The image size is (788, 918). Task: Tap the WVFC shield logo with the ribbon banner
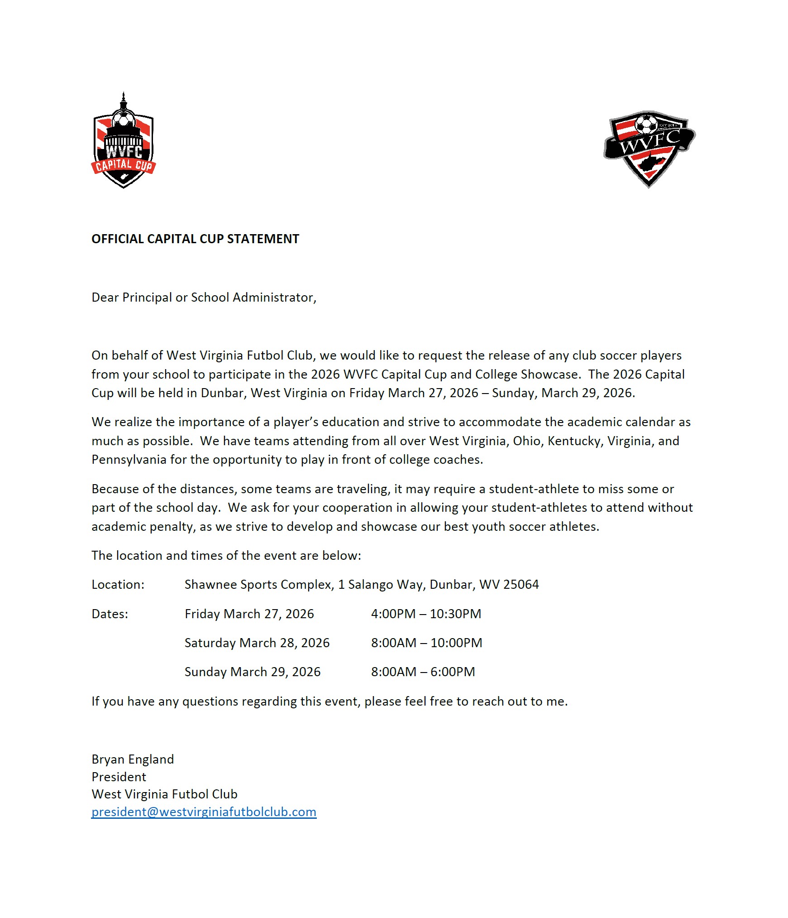[x=649, y=148]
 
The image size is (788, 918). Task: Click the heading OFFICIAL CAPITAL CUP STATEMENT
[x=195, y=239]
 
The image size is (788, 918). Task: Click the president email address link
[x=204, y=812]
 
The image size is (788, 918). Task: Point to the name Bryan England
[x=133, y=759]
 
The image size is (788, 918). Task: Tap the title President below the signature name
[x=119, y=777]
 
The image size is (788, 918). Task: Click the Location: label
[x=118, y=585]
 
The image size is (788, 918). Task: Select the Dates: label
[x=110, y=614]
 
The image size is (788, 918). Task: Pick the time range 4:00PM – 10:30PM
[x=426, y=614]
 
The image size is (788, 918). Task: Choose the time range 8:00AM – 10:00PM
[x=426, y=643]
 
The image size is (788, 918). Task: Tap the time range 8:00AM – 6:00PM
[x=423, y=672]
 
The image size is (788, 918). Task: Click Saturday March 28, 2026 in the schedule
[x=257, y=643]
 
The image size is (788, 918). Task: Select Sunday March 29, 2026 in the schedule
[x=252, y=672]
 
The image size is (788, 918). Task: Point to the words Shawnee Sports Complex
[x=258, y=585]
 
